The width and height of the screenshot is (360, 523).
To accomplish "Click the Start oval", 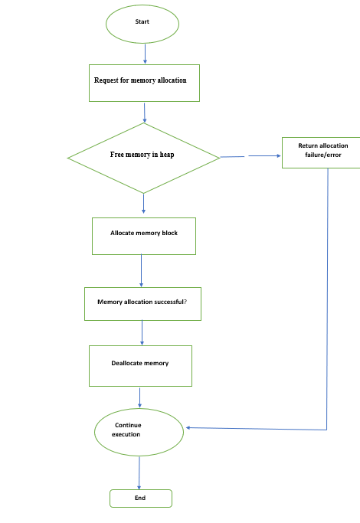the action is point(142,24).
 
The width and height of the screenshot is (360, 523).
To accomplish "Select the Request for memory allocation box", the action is point(144,83).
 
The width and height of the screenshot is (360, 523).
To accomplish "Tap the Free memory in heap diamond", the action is point(144,158).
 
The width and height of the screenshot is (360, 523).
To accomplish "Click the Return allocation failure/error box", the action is point(321,152).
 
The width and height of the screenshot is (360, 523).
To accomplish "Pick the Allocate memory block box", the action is point(144,236).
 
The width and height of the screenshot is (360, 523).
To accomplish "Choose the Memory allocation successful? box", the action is point(142,304).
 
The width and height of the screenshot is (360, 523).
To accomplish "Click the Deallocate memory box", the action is point(140,366).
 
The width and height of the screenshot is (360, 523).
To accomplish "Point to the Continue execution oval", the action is point(139,433).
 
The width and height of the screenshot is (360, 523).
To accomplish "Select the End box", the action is point(141,498).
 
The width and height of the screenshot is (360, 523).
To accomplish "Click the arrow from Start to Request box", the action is point(145,54).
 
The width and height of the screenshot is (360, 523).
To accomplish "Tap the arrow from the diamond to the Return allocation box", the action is point(250,156).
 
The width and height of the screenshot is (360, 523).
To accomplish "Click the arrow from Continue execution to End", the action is point(139,473).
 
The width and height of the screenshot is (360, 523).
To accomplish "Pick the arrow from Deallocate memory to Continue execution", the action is point(140,397).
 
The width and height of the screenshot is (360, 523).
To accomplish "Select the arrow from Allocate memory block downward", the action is point(141,270).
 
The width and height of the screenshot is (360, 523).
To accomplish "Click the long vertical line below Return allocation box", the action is point(327,299).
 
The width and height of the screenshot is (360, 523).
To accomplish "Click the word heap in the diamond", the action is point(167,155).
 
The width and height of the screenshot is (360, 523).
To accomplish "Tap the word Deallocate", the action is point(127,363).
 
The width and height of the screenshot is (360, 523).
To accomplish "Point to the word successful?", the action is point(170,302).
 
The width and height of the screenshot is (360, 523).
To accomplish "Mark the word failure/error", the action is point(323,155).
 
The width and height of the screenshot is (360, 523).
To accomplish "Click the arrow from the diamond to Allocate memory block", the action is point(144,204).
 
